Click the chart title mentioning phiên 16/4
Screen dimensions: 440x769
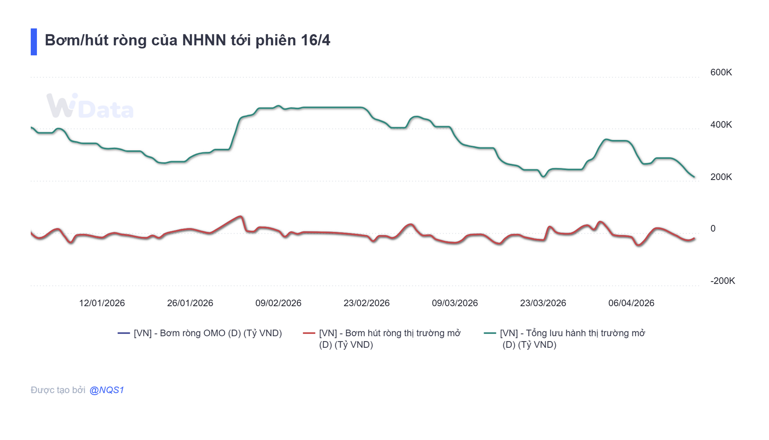187,40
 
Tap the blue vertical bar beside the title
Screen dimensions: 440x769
34,42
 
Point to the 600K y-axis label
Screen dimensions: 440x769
721,73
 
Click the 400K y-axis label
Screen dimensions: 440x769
721,125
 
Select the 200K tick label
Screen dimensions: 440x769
721,177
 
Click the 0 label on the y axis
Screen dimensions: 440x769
713,228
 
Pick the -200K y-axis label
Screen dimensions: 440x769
722,281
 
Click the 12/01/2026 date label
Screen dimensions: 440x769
102,303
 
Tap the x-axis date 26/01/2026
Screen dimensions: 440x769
190,303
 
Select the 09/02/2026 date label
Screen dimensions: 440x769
278,303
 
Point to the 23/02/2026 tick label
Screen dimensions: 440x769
366,303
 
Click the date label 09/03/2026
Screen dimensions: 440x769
455,303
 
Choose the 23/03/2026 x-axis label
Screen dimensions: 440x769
543,303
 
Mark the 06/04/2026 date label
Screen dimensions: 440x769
631,303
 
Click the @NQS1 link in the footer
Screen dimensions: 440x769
107,390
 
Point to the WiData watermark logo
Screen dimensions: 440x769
90,106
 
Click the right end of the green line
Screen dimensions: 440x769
694,177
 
